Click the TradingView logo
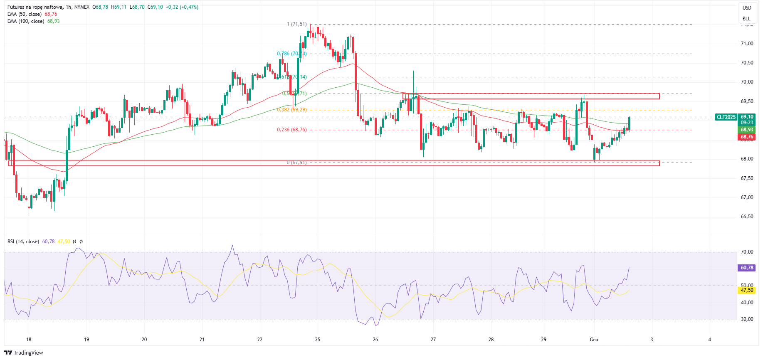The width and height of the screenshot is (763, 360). [x=24, y=353]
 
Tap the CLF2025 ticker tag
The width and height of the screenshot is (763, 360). [x=726, y=117]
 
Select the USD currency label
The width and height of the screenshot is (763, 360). [x=747, y=8]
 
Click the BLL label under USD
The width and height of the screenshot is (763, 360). [x=747, y=19]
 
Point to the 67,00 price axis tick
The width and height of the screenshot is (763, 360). [x=747, y=197]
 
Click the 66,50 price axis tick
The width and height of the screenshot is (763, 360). [x=747, y=217]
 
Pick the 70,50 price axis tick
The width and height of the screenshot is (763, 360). [x=747, y=63]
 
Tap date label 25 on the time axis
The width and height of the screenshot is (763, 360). [x=318, y=340]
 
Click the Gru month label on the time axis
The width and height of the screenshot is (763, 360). [x=594, y=340]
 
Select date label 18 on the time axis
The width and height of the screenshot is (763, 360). [x=29, y=340]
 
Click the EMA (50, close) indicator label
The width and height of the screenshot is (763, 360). [x=25, y=14]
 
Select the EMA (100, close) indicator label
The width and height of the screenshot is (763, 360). [x=26, y=21]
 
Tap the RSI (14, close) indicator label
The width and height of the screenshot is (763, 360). [x=23, y=242]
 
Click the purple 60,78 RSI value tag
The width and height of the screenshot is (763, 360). [x=747, y=268]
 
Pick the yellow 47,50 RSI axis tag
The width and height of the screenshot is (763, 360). [x=747, y=290]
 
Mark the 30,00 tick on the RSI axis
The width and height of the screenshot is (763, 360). [x=747, y=319]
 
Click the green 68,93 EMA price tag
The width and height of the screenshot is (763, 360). [x=747, y=130]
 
